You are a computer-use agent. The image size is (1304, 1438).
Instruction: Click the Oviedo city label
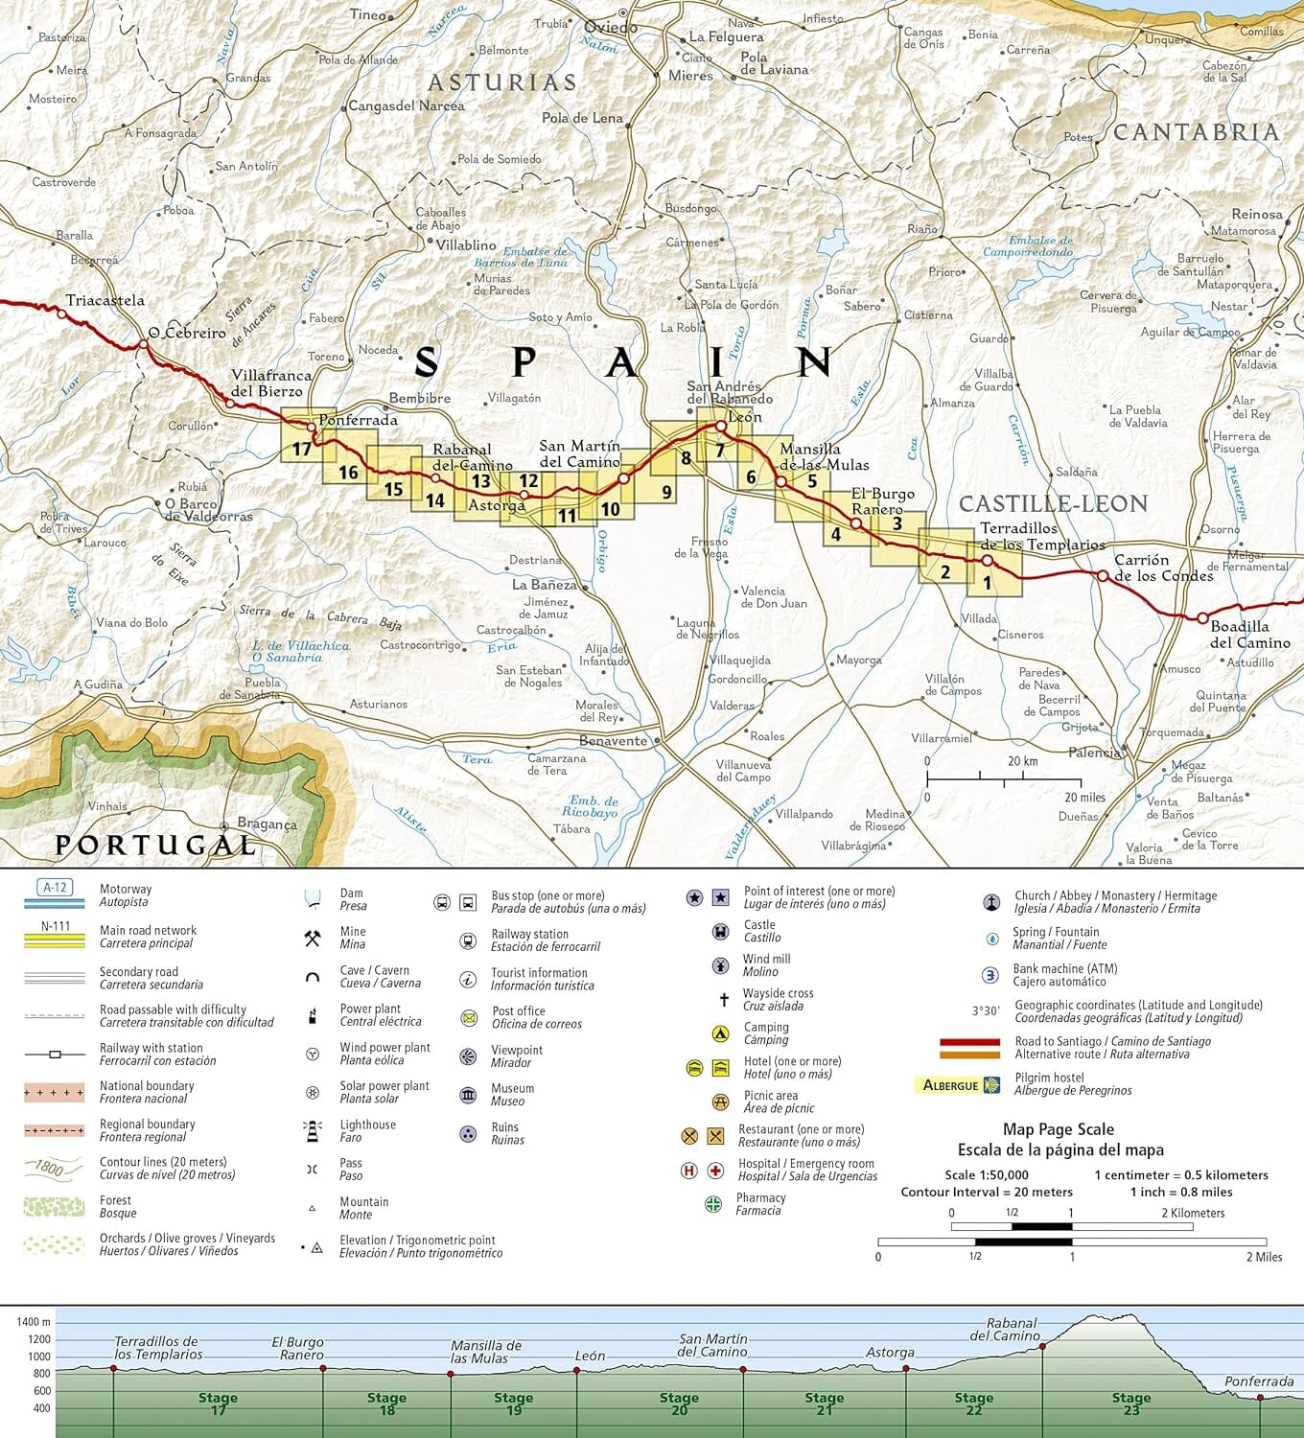tap(611, 28)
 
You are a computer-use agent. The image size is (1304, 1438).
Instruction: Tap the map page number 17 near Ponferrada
tap(302, 449)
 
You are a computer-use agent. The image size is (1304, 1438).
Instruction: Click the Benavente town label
tap(614, 741)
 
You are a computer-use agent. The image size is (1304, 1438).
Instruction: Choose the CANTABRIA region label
tap(1196, 132)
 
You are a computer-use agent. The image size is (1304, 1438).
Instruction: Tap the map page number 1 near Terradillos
tap(987, 582)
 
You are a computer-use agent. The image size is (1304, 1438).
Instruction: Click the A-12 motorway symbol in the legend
tap(55, 888)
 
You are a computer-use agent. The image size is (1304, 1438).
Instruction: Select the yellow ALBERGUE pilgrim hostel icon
tap(957, 1085)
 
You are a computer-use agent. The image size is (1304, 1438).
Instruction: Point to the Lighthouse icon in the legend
tap(313, 1131)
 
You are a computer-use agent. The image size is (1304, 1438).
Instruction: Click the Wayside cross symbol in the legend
tap(724, 1000)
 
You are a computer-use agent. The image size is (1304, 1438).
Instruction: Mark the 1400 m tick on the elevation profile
tap(33, 1322)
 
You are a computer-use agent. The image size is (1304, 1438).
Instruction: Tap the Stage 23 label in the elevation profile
tap(1131, 1403)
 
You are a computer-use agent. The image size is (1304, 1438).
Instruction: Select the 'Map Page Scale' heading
tap(1059, 1129)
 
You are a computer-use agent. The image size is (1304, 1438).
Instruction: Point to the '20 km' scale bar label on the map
tap(1022, 761)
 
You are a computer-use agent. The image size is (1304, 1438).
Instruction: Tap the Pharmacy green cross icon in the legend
tap(713, 1204)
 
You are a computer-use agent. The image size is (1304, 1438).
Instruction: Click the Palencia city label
tap(1094, 753)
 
